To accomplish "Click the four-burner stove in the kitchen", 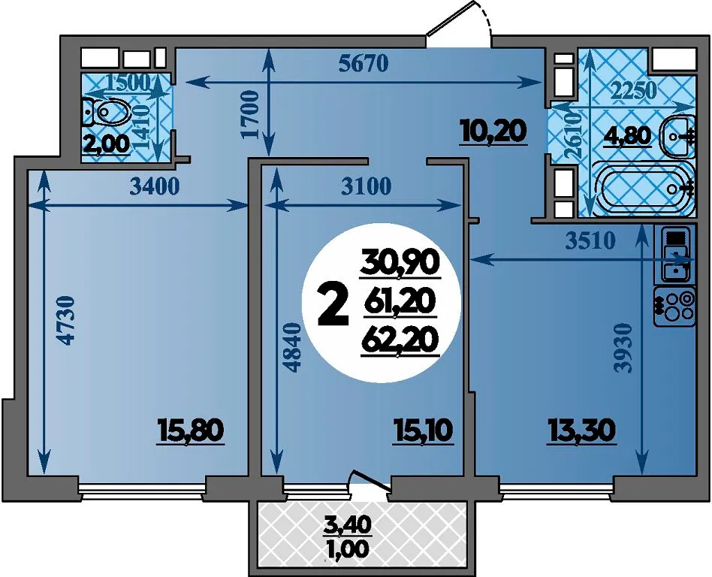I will [x=677, y=307].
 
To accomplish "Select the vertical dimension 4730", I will [x=68, y=320].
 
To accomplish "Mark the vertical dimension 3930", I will [x=623, y=348].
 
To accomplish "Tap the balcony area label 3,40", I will [x=348, y=524].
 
